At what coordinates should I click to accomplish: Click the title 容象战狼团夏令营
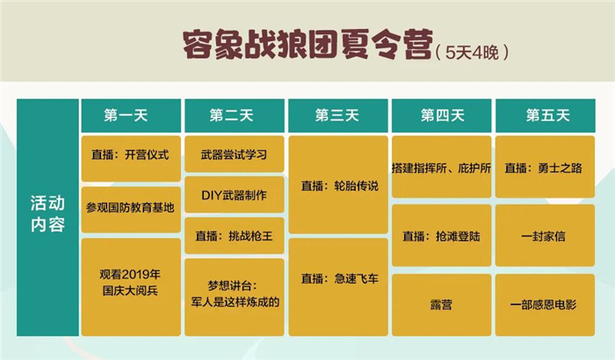click(307, 45)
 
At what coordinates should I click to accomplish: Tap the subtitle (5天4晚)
click(472, 52)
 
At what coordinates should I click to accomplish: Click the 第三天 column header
click(338, 116)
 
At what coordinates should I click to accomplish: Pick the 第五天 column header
click(546, 116)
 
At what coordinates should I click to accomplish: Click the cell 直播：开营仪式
click(131, 158)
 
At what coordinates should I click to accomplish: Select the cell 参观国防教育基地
click(131, 210)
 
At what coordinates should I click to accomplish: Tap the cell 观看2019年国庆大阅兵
click(131, 287)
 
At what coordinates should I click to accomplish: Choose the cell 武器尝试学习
click(235, 155)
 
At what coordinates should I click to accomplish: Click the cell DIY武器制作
click(235, 195)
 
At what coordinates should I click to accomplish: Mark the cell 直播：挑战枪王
click(235, 235)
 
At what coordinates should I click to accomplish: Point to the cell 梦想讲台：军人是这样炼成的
click(235, 298)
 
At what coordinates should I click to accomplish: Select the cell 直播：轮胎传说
click(338, 184)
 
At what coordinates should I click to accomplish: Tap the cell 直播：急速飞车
click(338, 287)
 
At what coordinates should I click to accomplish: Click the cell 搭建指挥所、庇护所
click(442, 167)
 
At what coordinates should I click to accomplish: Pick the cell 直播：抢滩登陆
click(442, 235)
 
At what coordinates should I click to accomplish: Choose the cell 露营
click(442, 305)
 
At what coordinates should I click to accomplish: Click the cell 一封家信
click(546, 235)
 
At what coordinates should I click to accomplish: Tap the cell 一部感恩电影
click(546, 305)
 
